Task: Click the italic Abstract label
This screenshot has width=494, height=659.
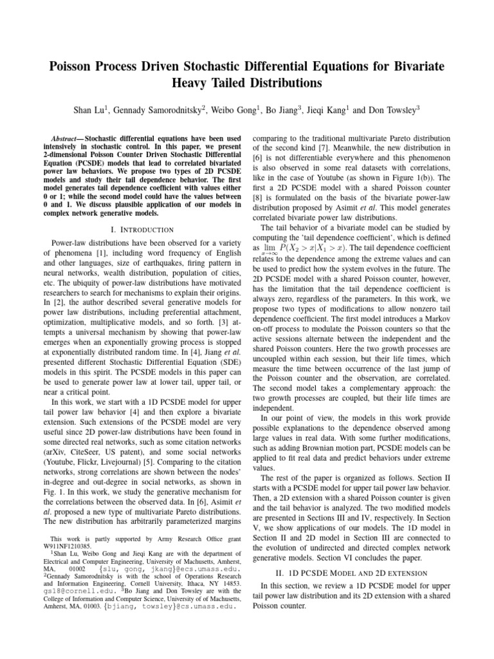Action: tap(66, 139)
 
